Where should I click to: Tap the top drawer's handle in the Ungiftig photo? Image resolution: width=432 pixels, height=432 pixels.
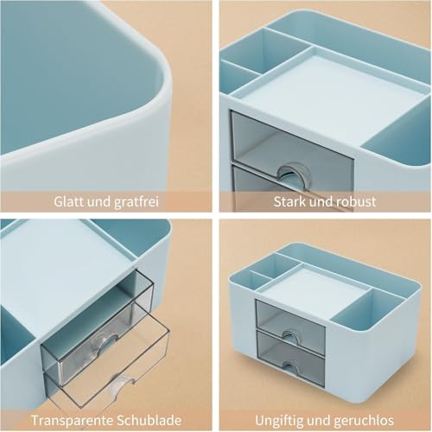[x=289, y=327]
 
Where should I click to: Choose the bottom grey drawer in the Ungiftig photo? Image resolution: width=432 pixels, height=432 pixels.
[x=290, y=347]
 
